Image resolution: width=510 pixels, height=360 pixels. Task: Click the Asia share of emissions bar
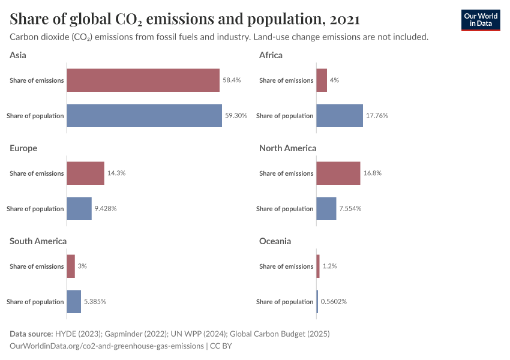143,80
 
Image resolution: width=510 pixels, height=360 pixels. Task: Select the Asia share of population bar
144,115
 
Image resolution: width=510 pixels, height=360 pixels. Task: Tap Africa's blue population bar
340,115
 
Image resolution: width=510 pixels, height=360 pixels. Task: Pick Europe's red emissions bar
85,173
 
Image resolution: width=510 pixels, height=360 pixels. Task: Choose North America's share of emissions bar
338,173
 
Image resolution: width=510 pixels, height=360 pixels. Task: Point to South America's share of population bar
74,301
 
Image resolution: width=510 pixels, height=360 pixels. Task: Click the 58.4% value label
232,80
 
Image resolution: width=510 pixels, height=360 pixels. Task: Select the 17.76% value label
377,115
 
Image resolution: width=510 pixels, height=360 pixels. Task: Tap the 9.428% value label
105,209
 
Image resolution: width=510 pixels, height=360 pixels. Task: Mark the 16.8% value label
372,173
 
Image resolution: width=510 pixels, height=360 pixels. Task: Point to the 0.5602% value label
334,302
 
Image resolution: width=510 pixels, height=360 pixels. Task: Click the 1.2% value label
329,266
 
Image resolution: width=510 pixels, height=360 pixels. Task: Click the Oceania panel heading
275,241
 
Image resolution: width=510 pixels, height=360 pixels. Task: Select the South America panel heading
38,241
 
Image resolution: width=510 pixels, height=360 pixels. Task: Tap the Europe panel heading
23,148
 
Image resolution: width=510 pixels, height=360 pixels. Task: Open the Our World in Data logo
481,19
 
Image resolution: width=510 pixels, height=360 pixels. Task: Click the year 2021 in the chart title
344,19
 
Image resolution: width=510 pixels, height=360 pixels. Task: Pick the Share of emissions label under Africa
286,80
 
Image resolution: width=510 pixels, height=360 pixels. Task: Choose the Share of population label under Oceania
284,302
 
